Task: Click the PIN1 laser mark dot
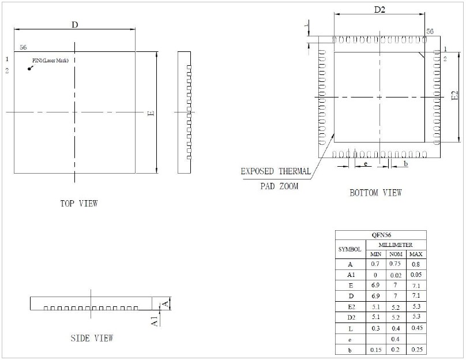[x=29, y=69]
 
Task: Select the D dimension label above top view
[x=75, y=25]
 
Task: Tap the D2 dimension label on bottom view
[x=379, y=10]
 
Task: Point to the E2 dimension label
[x=455, y=95]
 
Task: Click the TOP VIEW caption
[x=79, y=204]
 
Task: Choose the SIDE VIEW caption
[x=92, y=338]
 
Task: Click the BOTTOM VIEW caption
[x=375, y=193]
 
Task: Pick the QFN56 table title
[x=381, y=235]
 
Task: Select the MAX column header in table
[x=416, y=254]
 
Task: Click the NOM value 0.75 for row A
[x=395, y=264]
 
